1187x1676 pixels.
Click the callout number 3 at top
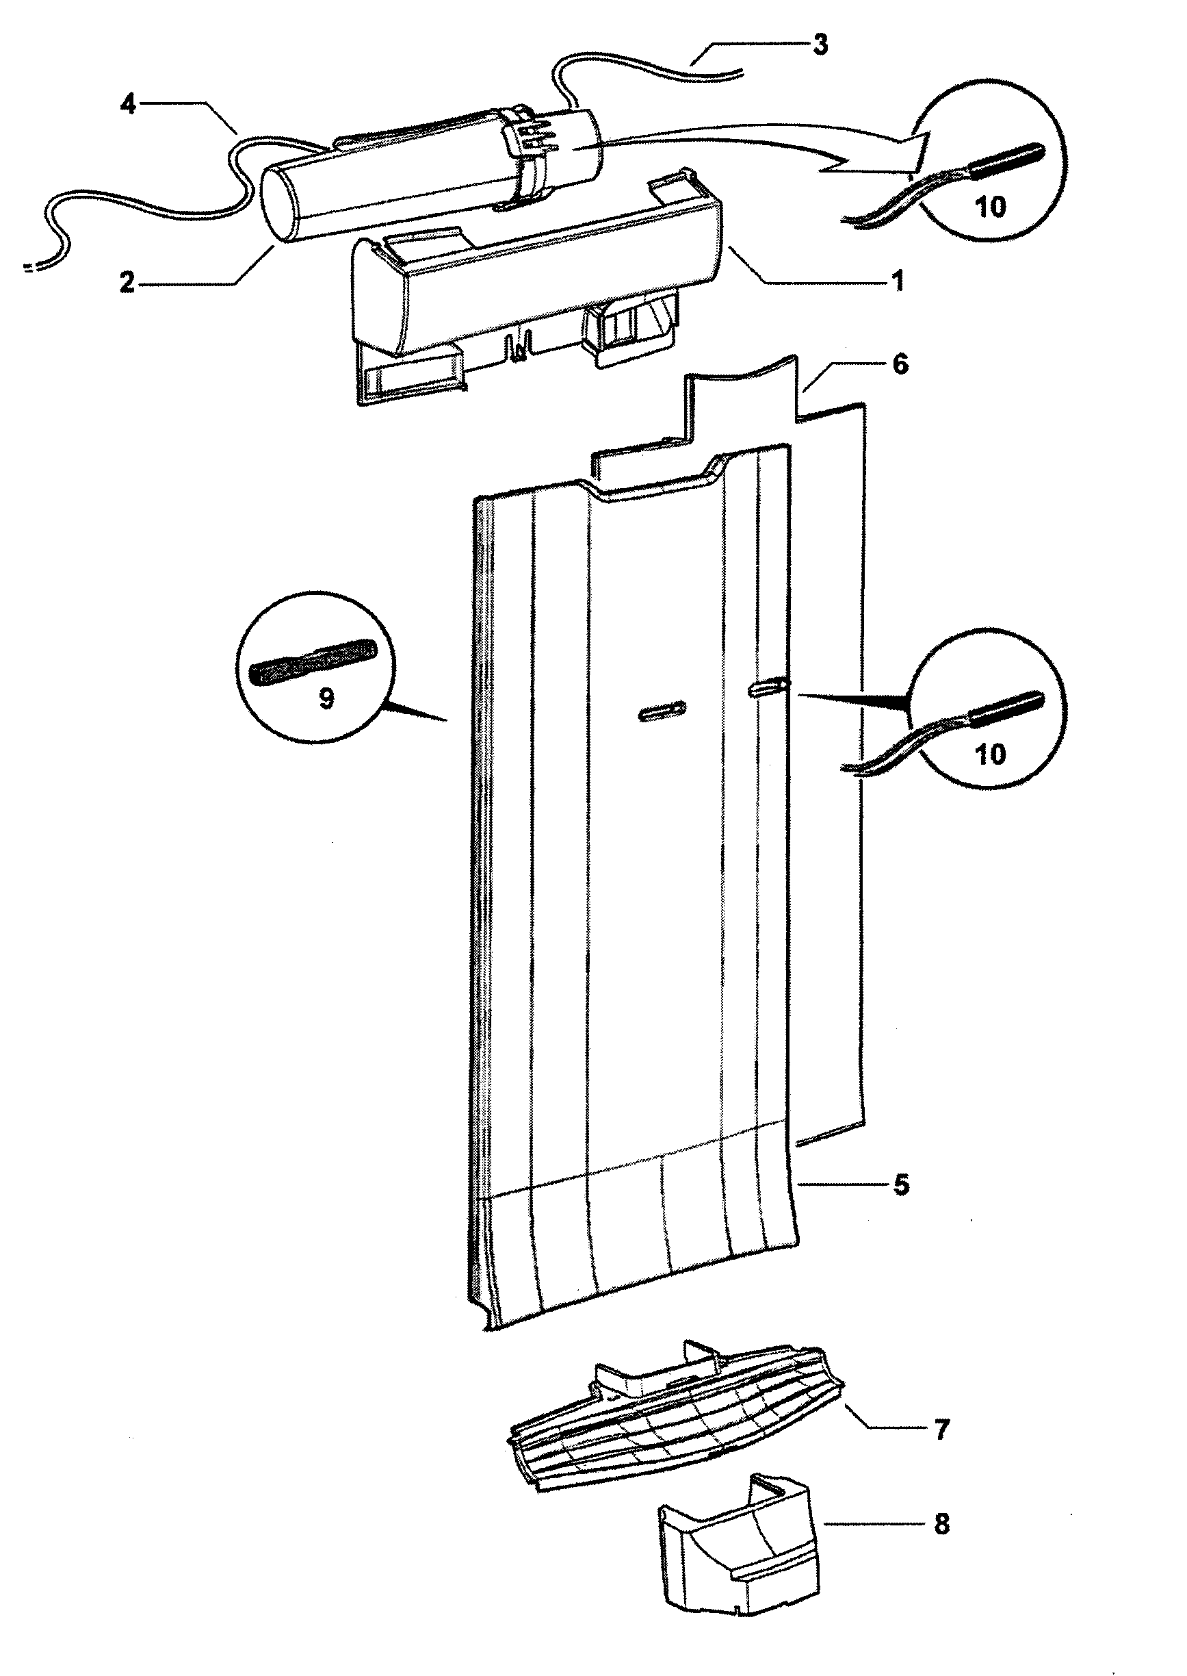tap(820, 45)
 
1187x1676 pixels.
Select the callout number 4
tap(128, 105)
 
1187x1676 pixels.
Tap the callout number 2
tap(128, 283)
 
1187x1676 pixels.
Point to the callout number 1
tap(898, 281)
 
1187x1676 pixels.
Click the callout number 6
tap(900, 364)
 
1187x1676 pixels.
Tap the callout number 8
tap(941, 1524)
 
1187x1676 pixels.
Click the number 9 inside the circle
tap(326, 699)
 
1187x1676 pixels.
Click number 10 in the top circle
tap(991, 207)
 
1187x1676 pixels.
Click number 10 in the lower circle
tap(991, 754)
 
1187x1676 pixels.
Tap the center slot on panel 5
tap(662, 710)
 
